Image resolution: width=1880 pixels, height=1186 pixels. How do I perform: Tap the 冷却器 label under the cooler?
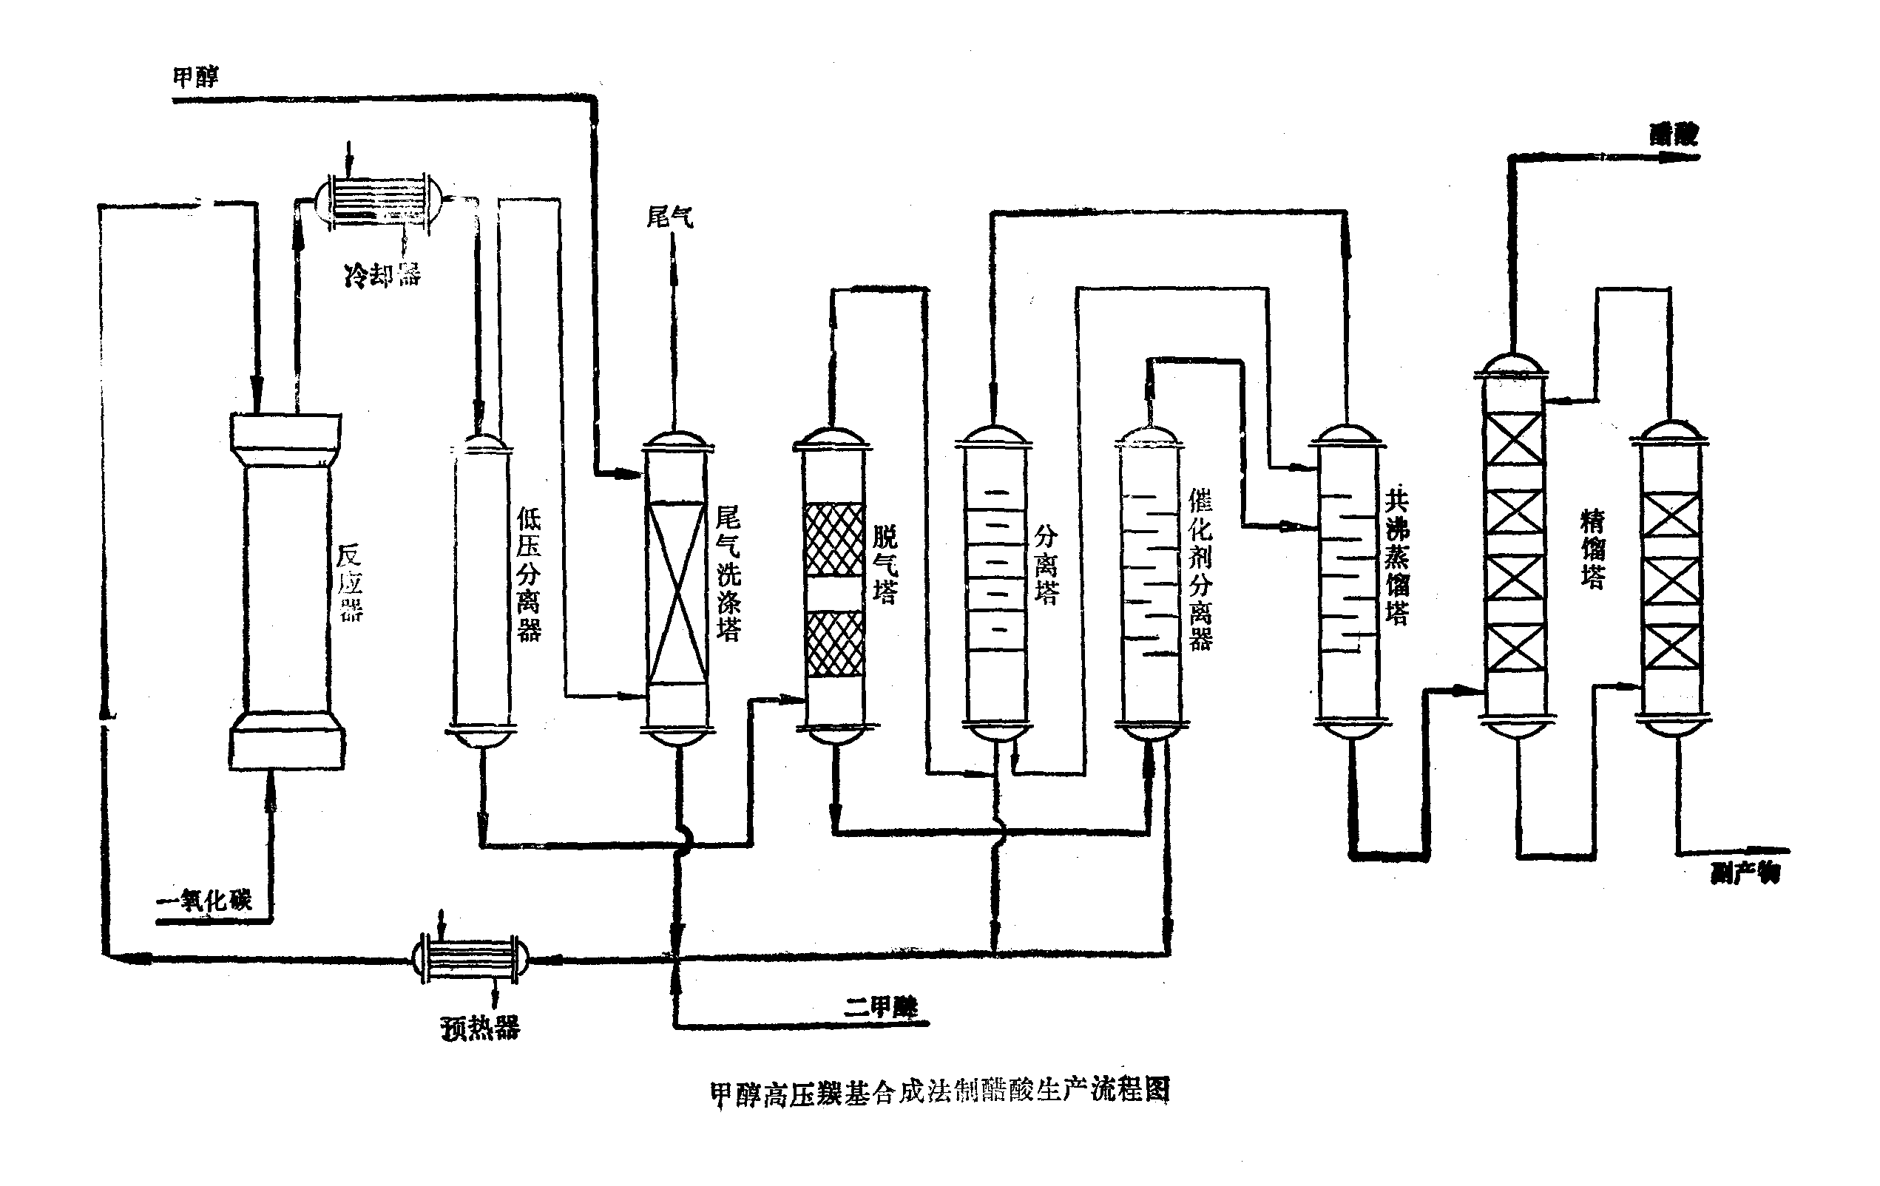click(x=382, y=274)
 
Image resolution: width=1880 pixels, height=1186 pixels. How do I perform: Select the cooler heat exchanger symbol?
click(x=380, y=200)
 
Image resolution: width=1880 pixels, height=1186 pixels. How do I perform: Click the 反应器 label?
click(x=350, y=583)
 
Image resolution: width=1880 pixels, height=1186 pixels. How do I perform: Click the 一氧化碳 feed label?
click(x=205, y=901)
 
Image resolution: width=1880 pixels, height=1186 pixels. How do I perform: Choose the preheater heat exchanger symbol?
click(x=470, y=958)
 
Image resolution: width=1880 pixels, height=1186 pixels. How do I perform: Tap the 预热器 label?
click(x=480, y=1028)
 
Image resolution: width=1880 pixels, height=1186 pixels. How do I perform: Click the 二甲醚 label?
click(x=881, y=1007)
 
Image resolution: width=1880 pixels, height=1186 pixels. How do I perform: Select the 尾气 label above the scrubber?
click(x=670, y=217)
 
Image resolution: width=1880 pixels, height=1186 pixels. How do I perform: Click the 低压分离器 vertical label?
click(x=529, y=574)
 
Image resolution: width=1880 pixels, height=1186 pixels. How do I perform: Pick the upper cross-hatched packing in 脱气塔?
click(x=834, y=540)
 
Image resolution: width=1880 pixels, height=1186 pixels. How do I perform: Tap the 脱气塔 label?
click(x=885, y=563)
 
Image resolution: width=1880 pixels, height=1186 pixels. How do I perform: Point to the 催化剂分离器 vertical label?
click(x=1200, y=570)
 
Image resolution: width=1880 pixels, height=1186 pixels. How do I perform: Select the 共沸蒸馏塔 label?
click(x=1397, y=556)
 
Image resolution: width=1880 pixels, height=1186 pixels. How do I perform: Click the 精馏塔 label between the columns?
click(x=1593, y=548)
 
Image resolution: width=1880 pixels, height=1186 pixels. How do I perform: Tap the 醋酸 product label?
click(x=1673, y=135)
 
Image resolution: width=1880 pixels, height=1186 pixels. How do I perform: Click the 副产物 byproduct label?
click(x=1745, y=872)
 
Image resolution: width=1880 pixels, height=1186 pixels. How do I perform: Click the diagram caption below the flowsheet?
click(x=940, y=1091)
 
